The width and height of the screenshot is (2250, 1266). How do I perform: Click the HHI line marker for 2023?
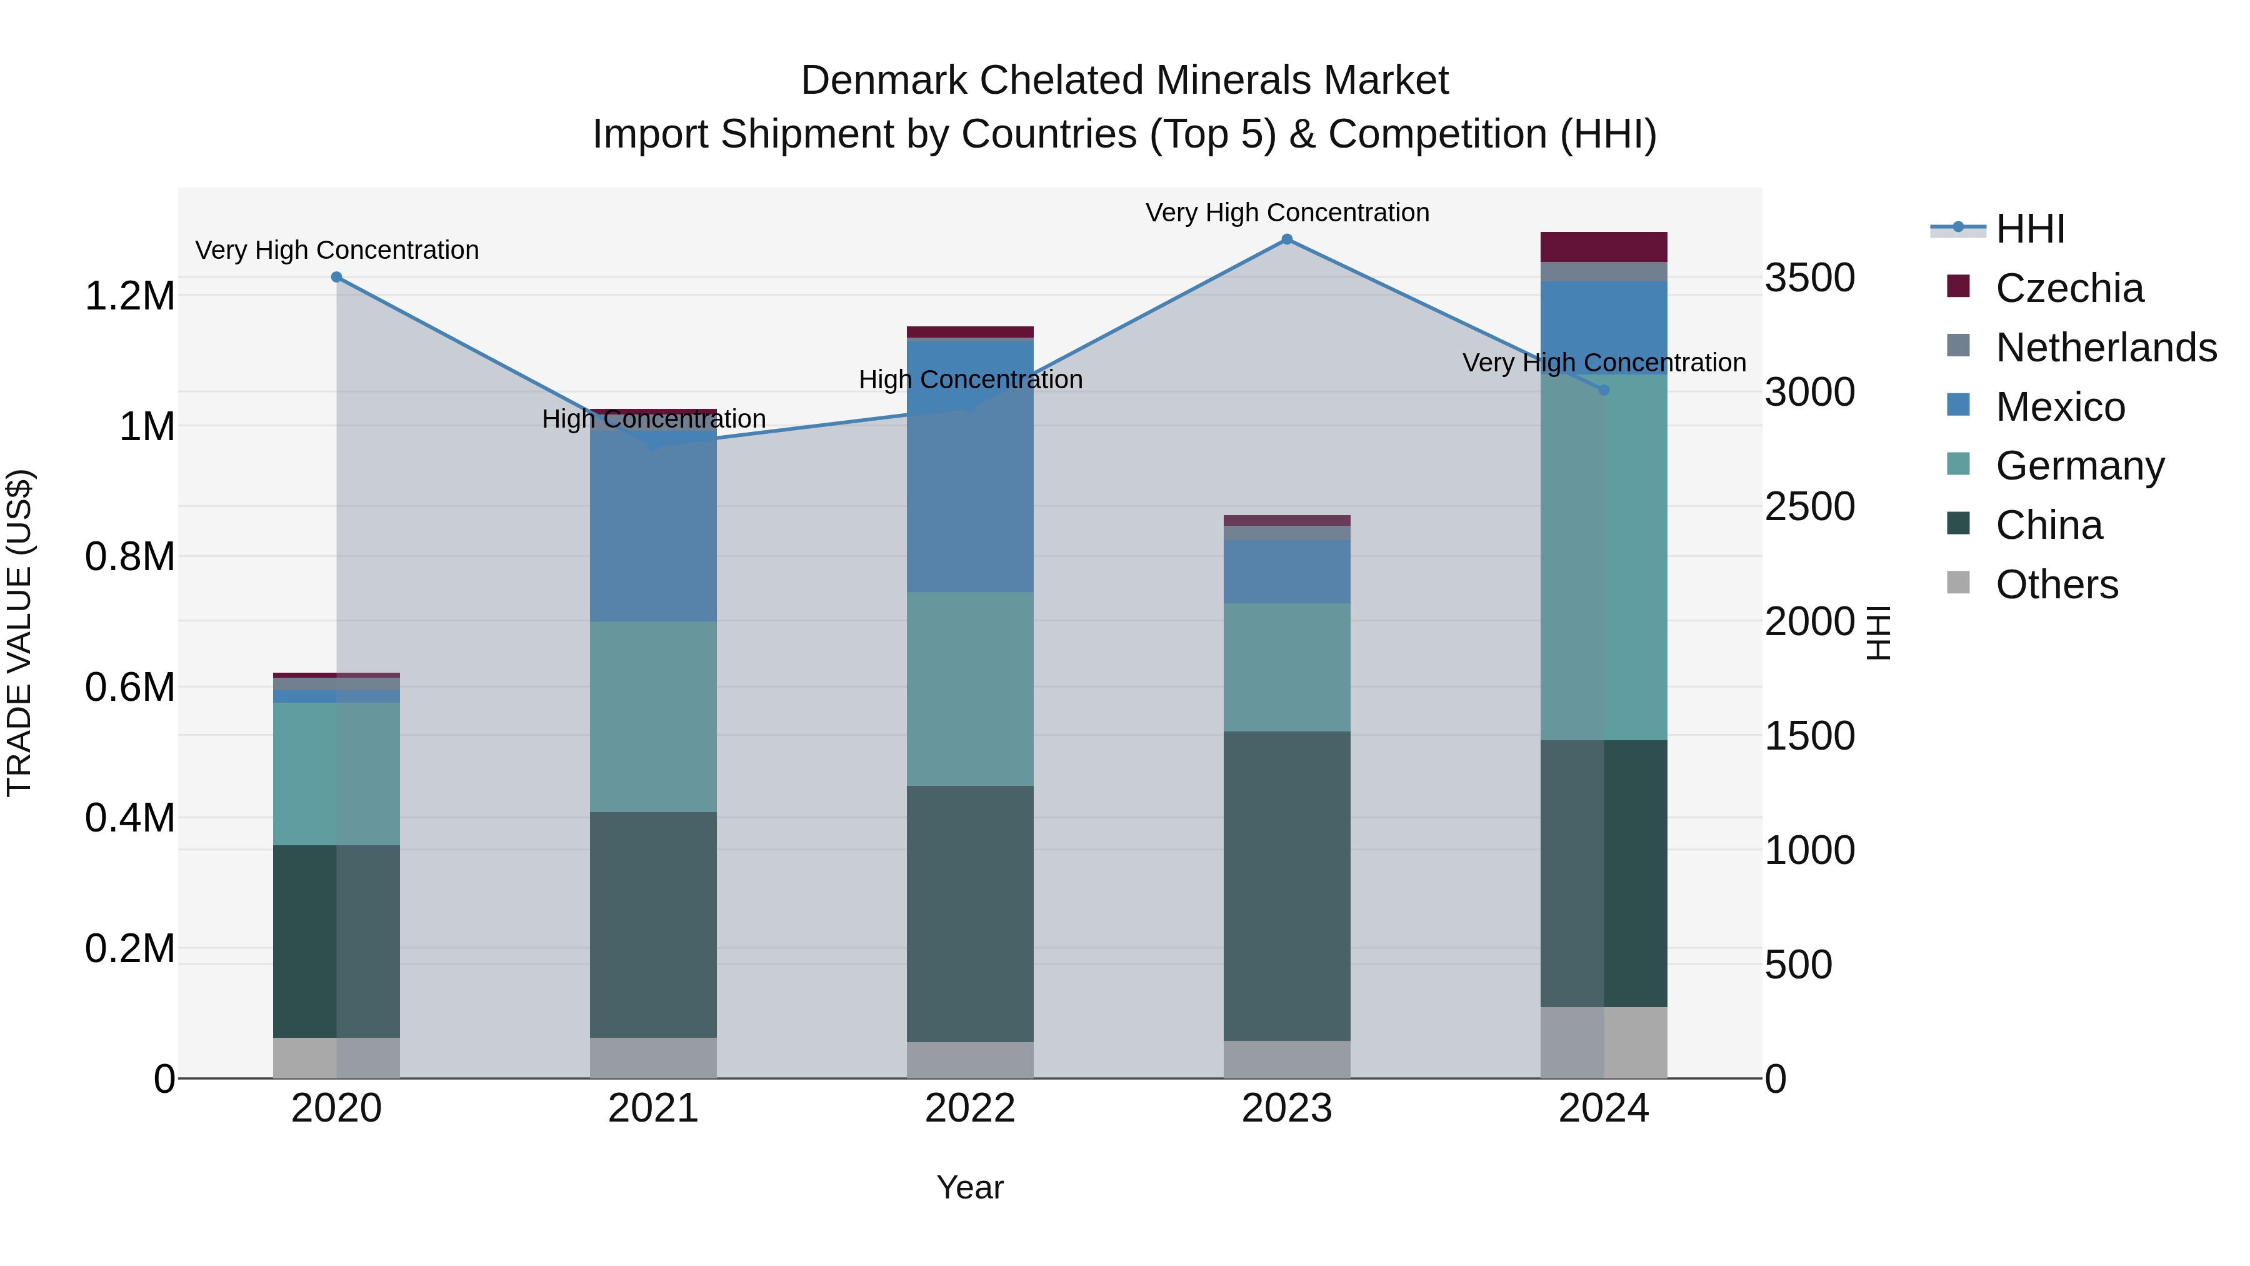(1287, 239)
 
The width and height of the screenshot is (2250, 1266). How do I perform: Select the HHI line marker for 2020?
(337, 277)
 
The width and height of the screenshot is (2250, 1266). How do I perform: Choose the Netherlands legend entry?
(2105, 348)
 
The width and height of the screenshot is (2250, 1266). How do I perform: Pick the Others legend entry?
(2056, 585)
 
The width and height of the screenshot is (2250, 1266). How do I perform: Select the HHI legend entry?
(2030, 229)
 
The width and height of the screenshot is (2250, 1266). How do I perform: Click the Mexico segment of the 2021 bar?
(653, 525)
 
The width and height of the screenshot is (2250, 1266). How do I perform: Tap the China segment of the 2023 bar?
(1287, 885)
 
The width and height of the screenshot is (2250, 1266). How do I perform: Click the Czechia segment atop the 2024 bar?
(1604, 246)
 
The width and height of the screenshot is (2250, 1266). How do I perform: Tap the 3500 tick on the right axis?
(1810, 278)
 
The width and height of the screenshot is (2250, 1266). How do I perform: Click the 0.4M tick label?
(129, 818)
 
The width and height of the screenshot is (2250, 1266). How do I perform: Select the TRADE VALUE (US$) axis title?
(19, 633)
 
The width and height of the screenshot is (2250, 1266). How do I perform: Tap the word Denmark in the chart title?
(883, 81)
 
